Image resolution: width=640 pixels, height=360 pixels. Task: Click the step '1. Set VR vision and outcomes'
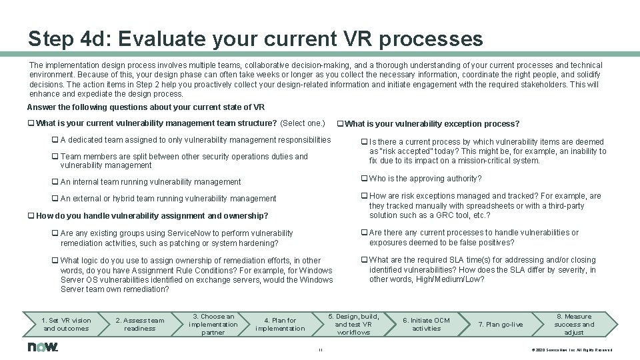click(x=66, y=324)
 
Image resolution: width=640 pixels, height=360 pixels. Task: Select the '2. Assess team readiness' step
click(x=139, y=324)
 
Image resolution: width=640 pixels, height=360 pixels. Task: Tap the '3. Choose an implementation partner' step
click(x=213, y=324)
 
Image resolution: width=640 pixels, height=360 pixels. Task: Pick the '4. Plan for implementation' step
click(x=280, y=324)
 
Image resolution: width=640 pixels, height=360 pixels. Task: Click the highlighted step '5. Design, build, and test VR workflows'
click(x=353, y=324)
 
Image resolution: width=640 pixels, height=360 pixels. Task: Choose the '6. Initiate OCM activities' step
click(x=427, y=324)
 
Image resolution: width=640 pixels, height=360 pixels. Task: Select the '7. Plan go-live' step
click(x=501, y=324)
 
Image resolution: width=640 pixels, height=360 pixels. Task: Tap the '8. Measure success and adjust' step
click(x=573, y=324)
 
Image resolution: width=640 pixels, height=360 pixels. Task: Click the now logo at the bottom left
click(x=43, y=347)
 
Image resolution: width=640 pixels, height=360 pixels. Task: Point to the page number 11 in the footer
click(x=321, y=350)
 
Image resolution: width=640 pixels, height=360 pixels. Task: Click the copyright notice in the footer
click(x=571, y=350)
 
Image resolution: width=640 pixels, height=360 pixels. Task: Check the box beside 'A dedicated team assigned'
click(x=55, y=140)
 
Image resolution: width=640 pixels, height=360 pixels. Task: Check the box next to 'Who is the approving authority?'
click(x=364, y=179)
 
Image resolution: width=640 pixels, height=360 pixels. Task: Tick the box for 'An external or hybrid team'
click(x=55, y=199)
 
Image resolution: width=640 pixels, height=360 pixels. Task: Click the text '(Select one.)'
click(x=303, y=123)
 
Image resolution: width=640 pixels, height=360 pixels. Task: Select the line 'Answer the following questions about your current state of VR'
click(x=145, y=107)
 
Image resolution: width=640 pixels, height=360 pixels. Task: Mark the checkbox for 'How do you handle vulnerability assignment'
click(x=31, y=216)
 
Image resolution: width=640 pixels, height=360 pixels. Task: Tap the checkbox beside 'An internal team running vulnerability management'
click(x=55, y=182)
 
